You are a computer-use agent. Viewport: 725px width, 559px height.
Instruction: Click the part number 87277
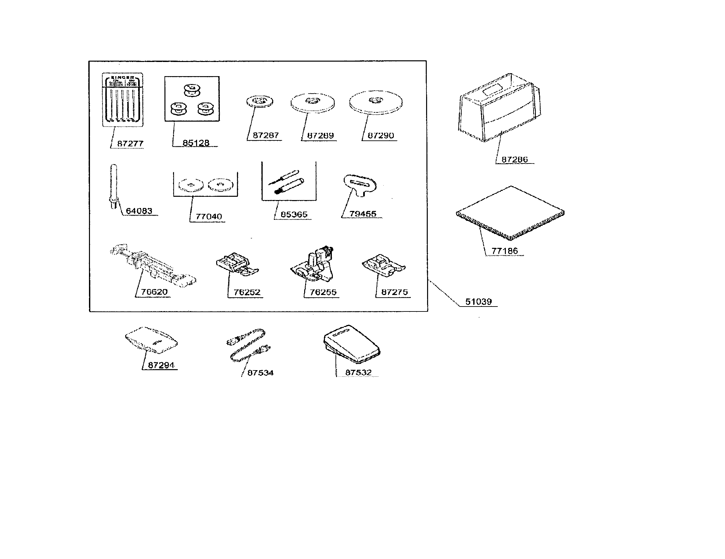130,144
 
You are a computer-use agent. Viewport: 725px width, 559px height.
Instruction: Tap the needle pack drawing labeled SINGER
122,100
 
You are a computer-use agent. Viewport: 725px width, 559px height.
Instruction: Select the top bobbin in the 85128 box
192,90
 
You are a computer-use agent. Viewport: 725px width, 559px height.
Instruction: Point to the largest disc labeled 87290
375,102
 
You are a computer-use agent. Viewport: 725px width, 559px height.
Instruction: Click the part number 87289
320,135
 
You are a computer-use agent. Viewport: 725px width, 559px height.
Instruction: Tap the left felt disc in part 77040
190,185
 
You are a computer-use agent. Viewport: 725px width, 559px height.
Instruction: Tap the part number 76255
323,292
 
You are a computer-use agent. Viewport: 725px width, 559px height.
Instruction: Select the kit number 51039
478,302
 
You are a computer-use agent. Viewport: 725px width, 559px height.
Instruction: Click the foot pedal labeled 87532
351,344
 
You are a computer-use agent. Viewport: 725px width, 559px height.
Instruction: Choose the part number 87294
161,365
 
